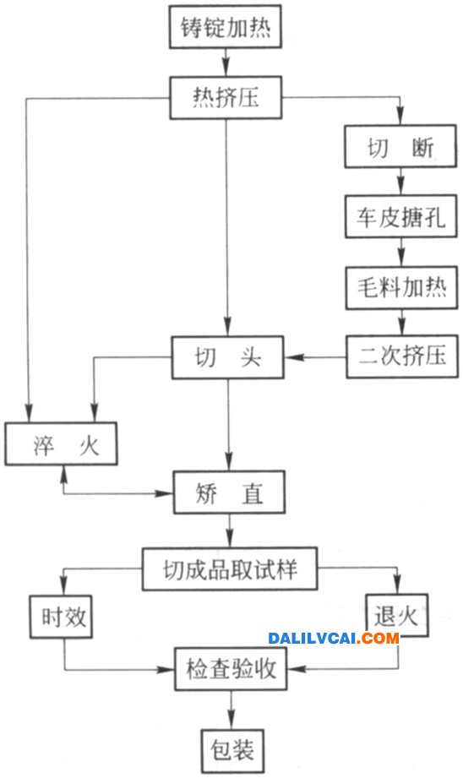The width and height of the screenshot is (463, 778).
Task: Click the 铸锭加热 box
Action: (226, 27)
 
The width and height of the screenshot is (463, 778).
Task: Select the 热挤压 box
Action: (226, 97)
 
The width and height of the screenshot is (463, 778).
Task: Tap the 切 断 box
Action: (400, 146)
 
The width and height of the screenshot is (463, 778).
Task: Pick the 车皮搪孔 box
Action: (401, 217)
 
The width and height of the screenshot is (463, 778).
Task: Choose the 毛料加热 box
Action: (401, 288)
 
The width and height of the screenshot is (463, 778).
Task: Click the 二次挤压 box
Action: (402, 356)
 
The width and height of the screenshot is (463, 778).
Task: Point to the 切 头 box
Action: (228, 357)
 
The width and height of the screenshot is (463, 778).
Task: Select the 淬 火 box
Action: (62, 443)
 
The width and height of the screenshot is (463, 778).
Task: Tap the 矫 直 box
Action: (229, 492)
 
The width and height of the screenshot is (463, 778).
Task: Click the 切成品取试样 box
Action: (230, 569)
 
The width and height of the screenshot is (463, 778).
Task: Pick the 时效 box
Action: (62, 617)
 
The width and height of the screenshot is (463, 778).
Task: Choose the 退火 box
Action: (396, 615)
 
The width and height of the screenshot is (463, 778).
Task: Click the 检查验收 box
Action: (231, 668)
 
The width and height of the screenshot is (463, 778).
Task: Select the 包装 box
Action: (232, 750)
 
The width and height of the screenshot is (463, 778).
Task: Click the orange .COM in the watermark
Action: (380, 638)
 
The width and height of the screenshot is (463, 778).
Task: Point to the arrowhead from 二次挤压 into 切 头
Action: (291, 356)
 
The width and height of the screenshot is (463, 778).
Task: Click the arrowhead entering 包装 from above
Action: (231, 722)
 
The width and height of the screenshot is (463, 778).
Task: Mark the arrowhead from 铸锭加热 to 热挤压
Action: (226, 68)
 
